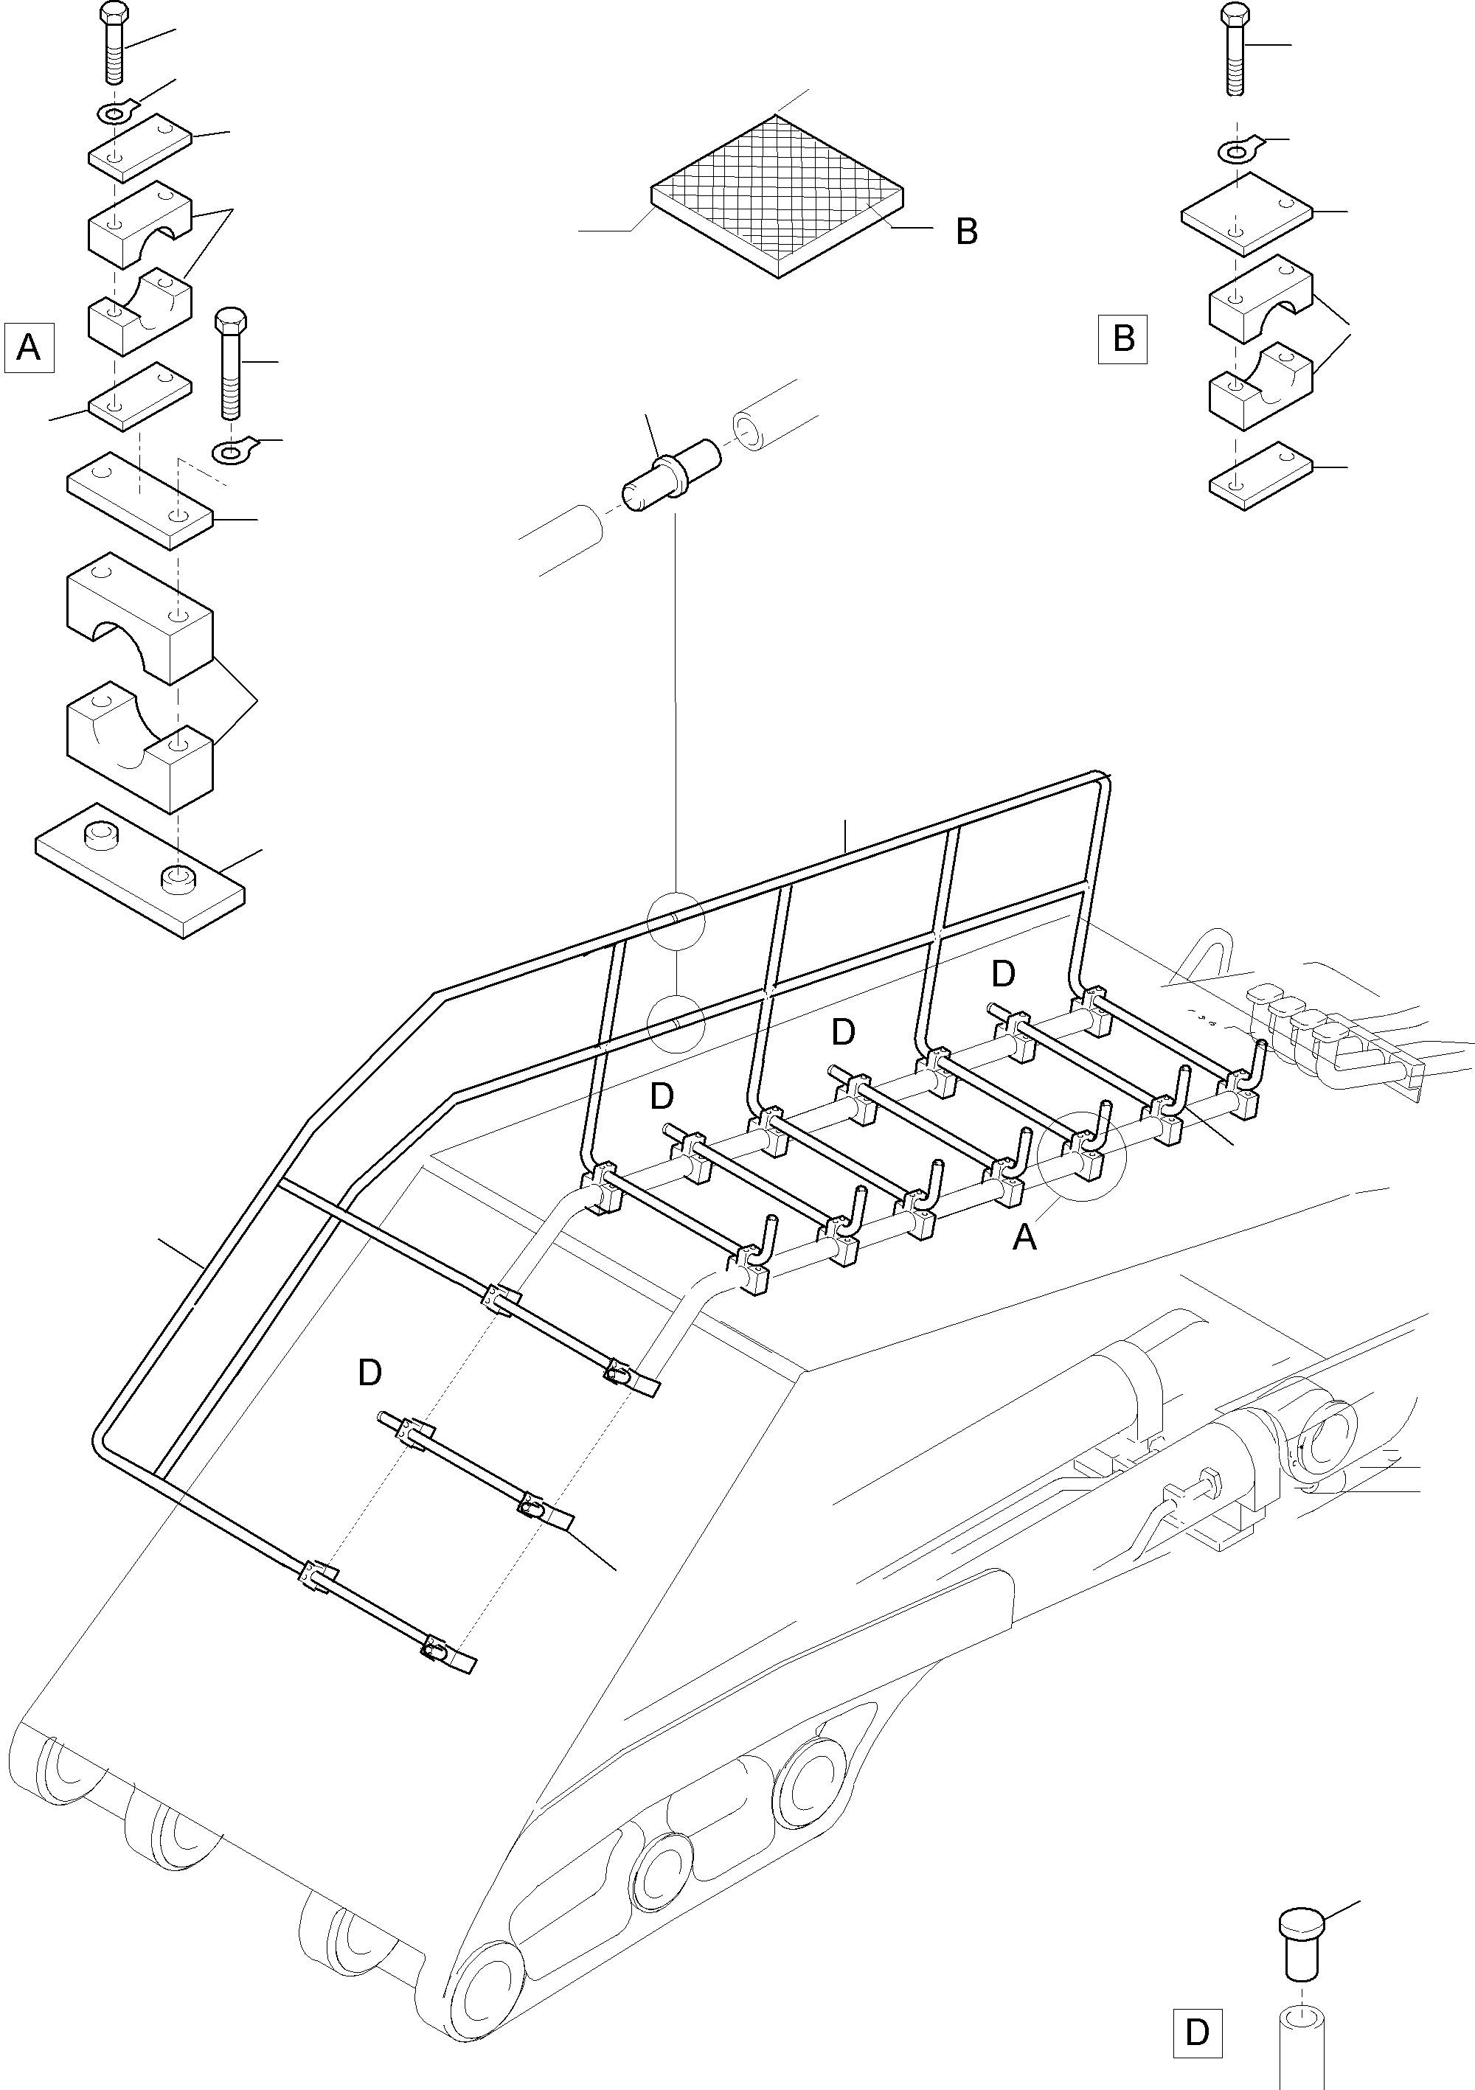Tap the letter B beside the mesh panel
click(967, 232)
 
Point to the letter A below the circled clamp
click(1025, 1237)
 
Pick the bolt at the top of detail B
click(1234, 49)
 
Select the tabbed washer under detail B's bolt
click(1238, 148)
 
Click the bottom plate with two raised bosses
click(139, 869)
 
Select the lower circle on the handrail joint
click(676, 1023)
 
